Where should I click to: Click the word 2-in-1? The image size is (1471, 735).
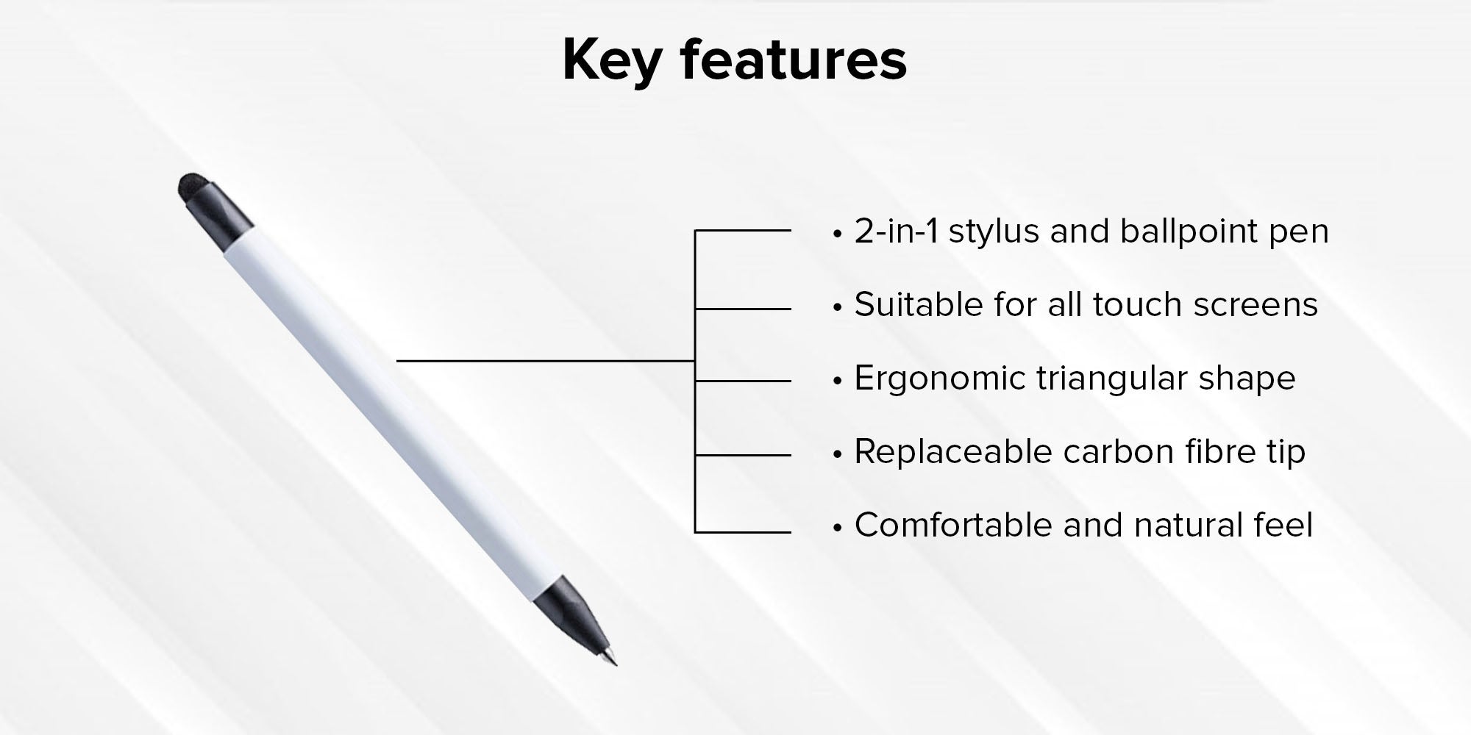coord(896,232)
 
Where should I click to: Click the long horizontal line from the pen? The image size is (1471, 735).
coord(546,361)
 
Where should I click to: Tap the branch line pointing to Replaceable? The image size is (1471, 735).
coord(743,456)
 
